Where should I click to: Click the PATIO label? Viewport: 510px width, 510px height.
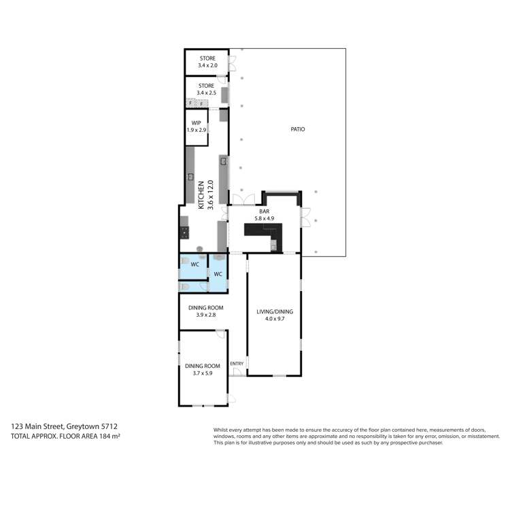[x=297, y=129]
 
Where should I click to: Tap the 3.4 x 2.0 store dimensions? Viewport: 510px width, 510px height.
[x=207, y=66]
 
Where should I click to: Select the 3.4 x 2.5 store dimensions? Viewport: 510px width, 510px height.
[x=207, y=93]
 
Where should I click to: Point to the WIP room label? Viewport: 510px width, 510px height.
[x=196, y=123]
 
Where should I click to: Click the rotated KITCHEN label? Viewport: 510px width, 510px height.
[x=201, y=194]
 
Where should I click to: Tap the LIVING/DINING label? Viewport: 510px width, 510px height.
[x=274, y=312]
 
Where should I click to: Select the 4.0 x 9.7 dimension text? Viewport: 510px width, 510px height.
[x=274, y=319]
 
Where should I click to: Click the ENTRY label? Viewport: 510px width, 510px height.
[x=237, y=364]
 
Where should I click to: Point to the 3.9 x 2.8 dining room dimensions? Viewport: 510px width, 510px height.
[x=205, y=315]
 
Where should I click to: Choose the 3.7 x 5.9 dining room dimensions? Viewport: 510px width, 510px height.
[x=201, y=373]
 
